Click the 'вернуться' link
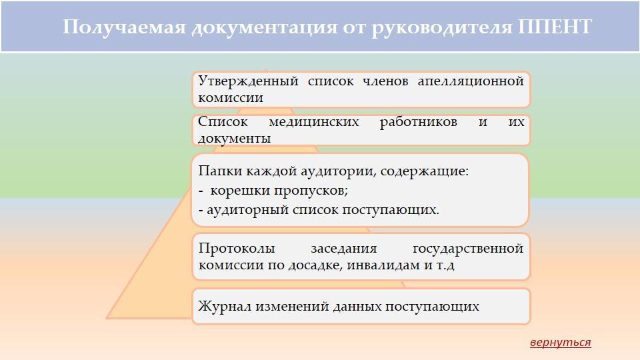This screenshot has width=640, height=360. click(x=561, y=342)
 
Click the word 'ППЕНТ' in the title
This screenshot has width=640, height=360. click(x=555, y=27)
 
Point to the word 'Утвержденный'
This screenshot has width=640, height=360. click(x=248, y=81)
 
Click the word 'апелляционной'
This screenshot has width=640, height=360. click(x=471, y=81)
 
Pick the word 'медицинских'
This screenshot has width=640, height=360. click(x=314, y=122)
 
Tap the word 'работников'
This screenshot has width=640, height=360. click(x=419, y=123)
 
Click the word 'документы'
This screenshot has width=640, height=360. click(x=234, y=139)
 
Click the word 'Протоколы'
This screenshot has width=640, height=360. click(x=237, y=249)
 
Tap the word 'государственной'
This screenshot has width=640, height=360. click(x=468, y=249)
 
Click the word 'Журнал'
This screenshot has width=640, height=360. click(x=225, y=306)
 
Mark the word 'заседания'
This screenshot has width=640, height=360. click(x=344, y=249)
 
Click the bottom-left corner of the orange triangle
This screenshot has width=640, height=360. click(x=107, y=317)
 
